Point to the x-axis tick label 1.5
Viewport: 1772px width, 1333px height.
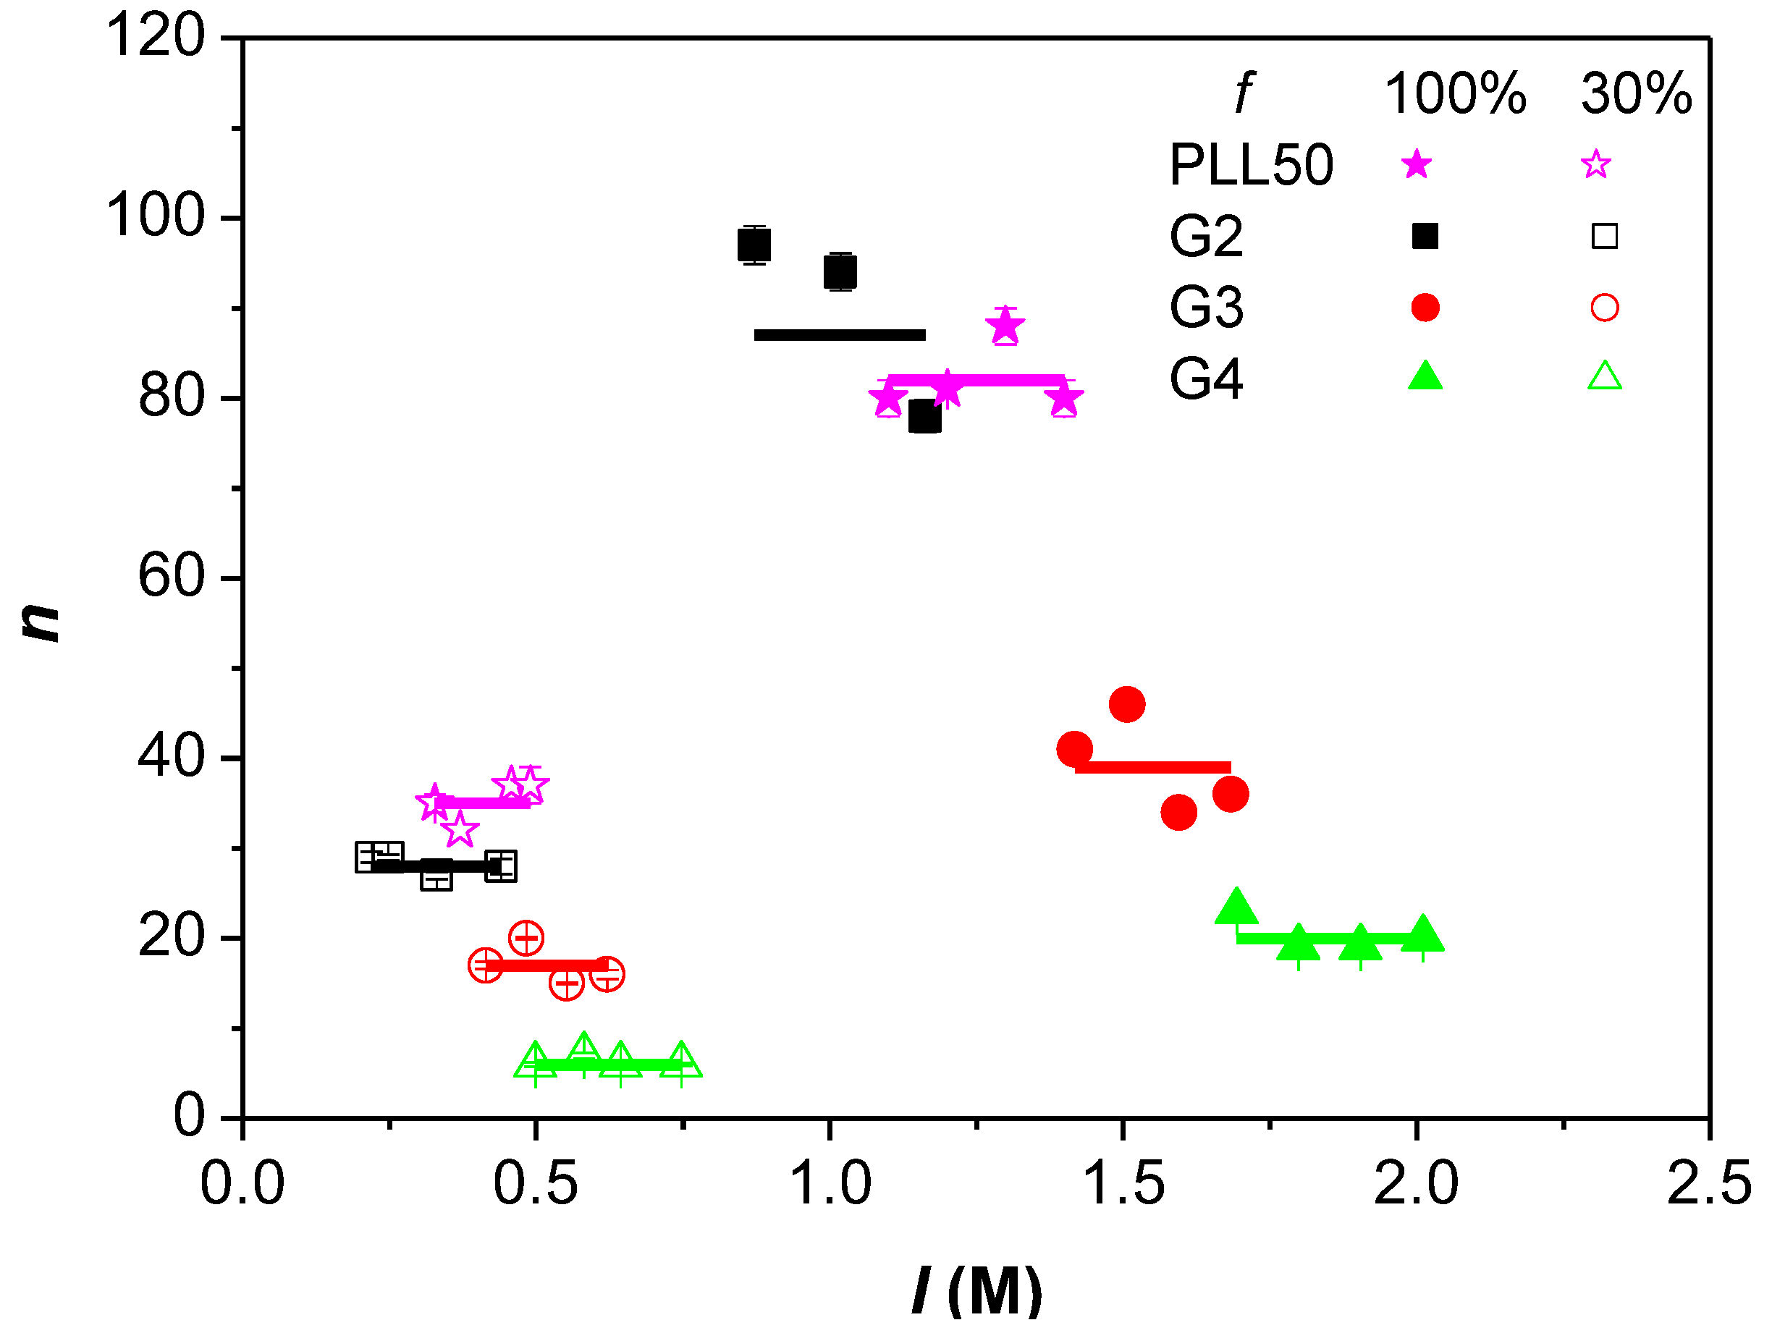1123,1184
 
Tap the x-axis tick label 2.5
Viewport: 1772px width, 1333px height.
1709,1184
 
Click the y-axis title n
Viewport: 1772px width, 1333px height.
39,622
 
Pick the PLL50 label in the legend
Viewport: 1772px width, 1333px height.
1251,165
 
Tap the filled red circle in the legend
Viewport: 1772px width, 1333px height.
1425,308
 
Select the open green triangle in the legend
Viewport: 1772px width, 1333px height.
1604,377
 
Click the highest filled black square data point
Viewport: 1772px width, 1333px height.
754,245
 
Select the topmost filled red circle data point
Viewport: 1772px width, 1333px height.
1126,704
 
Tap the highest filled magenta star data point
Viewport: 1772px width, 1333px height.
1005,326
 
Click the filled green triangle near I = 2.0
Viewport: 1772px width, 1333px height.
1422,935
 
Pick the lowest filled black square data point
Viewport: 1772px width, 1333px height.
924,417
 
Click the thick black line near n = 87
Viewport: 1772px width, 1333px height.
839,335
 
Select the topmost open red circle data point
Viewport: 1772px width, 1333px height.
526,937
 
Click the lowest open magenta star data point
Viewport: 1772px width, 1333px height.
459,830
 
